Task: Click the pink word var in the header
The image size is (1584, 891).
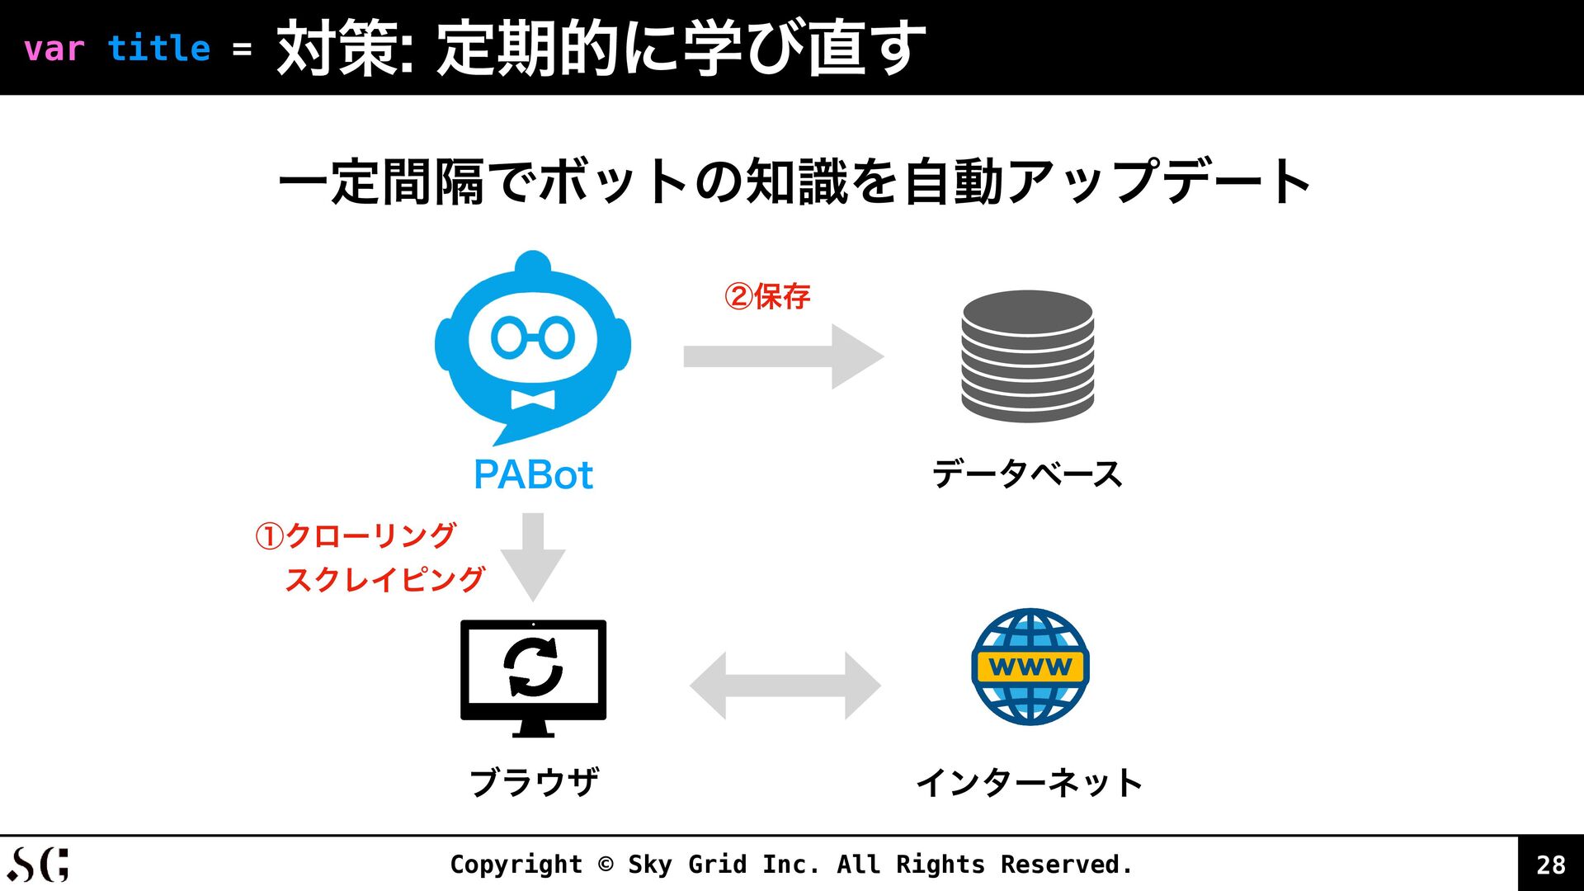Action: [54, 49]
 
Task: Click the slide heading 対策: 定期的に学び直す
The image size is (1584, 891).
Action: [601, 48]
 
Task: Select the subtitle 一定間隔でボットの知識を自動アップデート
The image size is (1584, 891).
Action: [794, 181]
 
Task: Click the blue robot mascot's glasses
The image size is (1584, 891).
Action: [533, 337]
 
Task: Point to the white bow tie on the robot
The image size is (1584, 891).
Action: [533, 399]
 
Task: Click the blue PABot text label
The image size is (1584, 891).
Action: [533, 475]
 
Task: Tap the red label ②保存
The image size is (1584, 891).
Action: [767, 296]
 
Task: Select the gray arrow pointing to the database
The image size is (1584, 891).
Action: [783, 356]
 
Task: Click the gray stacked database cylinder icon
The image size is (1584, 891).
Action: [1027, 356]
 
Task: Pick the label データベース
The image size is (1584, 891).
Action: [1027, 474]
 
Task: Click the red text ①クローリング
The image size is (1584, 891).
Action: [356, 535]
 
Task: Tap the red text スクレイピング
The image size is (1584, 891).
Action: [384, 579]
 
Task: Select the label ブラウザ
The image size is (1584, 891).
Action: [534, 782]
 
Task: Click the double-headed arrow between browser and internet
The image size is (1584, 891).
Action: [785, 686]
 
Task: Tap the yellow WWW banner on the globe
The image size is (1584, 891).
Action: [1030, 667]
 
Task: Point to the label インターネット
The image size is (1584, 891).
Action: [1029, 782]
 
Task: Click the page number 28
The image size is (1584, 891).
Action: [1550, 865]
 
